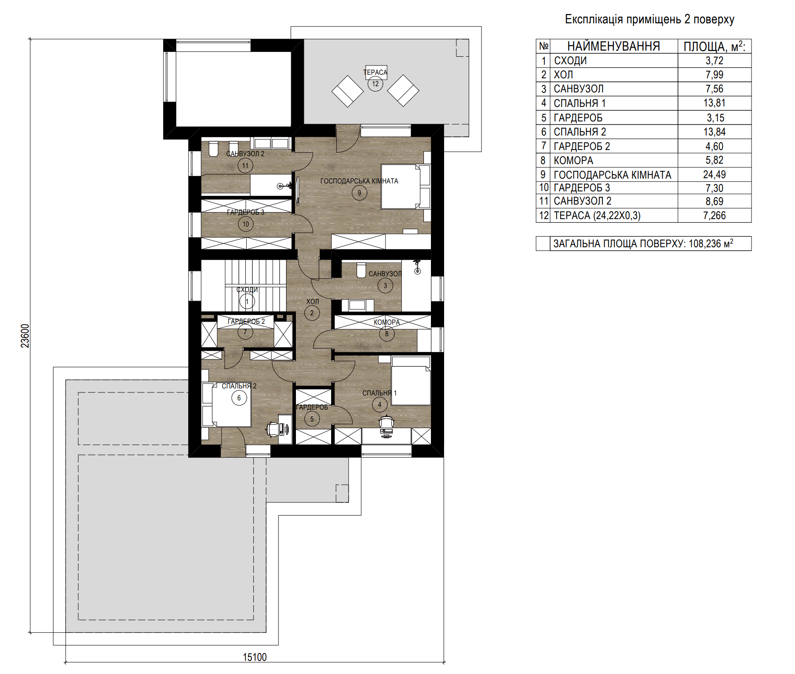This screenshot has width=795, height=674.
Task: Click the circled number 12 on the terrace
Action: coord(375,84)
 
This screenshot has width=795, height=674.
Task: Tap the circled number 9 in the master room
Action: coord(359,193)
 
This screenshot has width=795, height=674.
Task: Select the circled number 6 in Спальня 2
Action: coord(239,398)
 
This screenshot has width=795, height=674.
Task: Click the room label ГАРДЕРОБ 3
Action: coord(245,212)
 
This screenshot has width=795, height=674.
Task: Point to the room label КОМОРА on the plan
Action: coord(387,322)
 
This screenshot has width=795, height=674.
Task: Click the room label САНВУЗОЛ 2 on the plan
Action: coord(245,154)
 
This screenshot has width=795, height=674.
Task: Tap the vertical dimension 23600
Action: coord(25,336)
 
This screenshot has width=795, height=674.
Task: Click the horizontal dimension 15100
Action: coord(255,657)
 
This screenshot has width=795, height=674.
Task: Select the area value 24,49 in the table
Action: coord(714,175)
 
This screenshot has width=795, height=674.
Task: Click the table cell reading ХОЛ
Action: coord(563,75)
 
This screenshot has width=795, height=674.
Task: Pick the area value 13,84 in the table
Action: coord(714,132)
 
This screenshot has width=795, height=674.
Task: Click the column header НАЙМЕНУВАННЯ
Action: coord(613,46)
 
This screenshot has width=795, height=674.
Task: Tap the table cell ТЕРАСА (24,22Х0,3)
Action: coord(597,216)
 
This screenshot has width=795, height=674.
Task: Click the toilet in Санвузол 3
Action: coord(361,270)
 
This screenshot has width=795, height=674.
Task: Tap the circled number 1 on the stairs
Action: coord(247,301)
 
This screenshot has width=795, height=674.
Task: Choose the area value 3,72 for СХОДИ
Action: coord(714,61)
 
